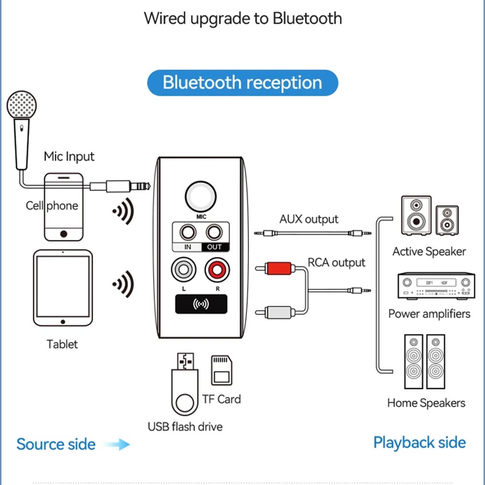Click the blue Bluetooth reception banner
(x=242, y=82)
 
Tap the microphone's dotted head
(x=22, y=105)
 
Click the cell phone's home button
(x=64, y=234)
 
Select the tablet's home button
(x=63, y=322)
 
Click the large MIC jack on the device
(x=201, y=196)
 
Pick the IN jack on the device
(x=188, y=232)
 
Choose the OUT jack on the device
(x=214, y=232)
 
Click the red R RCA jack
(x=217, y=270)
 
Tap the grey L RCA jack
(x=183, y=270)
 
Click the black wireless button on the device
(x=201, y=305)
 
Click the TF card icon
(x=222, y=370)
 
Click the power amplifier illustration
(x=436, y=286)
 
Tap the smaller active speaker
(x=447, y=220)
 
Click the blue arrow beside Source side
(x=117, y=444)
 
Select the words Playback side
(x=420, y=443)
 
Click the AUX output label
(x=308, y=219)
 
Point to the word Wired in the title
(x=165, y=18)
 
